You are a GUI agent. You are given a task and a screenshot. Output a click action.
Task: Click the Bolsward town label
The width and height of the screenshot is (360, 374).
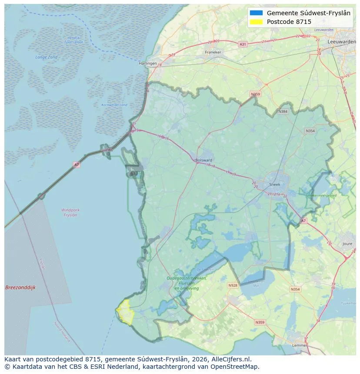(204, 160)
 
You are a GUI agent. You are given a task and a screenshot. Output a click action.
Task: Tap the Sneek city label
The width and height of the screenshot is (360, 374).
(274, 184)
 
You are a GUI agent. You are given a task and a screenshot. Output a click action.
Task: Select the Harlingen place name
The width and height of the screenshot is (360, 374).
(147, 63)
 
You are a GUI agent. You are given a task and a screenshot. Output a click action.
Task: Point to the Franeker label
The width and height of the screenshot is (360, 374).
(213, 52)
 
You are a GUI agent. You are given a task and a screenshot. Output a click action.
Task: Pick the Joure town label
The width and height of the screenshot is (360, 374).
(347, 244)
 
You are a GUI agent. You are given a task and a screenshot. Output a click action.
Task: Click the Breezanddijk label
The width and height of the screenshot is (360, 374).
(20, 288)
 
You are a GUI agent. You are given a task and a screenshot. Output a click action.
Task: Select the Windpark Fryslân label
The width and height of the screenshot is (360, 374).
(70, 212)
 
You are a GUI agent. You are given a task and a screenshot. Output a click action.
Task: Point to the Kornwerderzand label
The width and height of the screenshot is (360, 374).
(114, 105)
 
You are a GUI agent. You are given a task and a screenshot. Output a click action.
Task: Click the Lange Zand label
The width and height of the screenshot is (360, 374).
(47, 57)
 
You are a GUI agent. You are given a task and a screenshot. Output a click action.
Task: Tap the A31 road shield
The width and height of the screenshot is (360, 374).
(243, 44)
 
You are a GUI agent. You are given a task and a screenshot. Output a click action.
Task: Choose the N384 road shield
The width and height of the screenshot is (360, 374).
(283, 112)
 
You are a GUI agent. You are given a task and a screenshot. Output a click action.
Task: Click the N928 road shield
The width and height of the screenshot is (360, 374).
(233, 285)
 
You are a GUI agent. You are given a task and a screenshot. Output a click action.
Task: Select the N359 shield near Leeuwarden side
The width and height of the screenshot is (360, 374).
(255, 94)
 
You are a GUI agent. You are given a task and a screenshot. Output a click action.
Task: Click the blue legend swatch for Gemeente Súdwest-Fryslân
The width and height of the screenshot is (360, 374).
(257, 13)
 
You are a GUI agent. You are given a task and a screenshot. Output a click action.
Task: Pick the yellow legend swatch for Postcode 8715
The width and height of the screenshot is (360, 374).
(257, 22)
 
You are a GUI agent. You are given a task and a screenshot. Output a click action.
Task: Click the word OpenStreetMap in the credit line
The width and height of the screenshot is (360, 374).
(236, 367)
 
